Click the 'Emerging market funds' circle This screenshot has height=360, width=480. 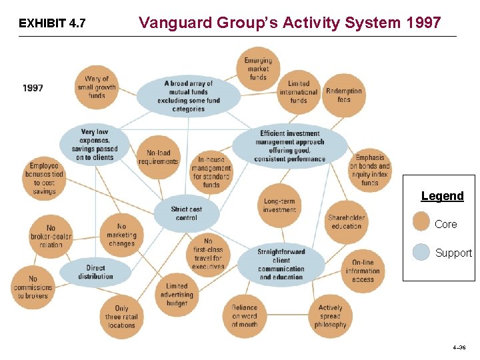pyautogui.click(x=258, y=69)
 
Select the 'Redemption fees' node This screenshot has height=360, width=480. pyautogui.click(x=344, y=95)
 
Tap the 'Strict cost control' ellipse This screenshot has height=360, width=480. pyautogui.click(x=186, y=213)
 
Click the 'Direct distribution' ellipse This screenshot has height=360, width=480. pyautogui.click(x=95, y=272)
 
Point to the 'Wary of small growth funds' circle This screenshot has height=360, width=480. pyautogui.click(x=97, y=87)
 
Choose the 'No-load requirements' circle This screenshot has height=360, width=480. pyautogui.click(x=159, y=157)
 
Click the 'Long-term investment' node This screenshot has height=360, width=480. pyautogui.click(x=279, y=205)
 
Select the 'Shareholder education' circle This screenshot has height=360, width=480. pyautogui.click(x=346, y=221)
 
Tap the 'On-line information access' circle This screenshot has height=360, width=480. pyautogui.click(x=363, y=271)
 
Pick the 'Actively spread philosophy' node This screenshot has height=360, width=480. pyautogui.click(x=330, y=317)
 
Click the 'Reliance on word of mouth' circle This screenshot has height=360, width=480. pyautogui.click(x=245, y=316)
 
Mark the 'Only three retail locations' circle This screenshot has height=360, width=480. pyautogui.click(x=121, y=317)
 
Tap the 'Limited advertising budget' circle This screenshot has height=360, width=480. pyautogui.click(x=177, y=295)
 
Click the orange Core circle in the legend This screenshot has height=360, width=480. pyautogui.click(x=421, y=222)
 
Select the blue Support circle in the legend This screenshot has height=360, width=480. pyautogui.click(x=421, y=252)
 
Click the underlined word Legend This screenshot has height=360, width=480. pyautogui.click(x=442, y=196)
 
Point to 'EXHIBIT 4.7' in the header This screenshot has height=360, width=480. pyautogui.click(x=52, y=24)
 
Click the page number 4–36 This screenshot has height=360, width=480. pyautogui.click(x=459, y=348)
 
